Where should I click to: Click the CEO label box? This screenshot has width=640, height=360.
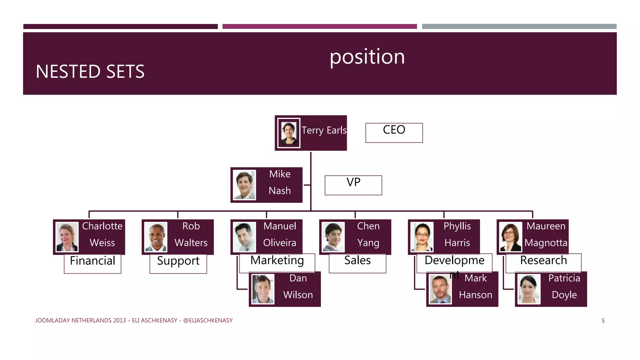click(x=394, y=132)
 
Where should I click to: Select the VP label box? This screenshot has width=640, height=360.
click(x=353, y=185)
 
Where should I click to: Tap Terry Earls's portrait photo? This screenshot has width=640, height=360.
click(x=289, y=133)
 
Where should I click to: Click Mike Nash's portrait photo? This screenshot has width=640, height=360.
click(x=244, y=185)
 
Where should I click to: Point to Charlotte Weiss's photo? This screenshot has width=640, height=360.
click(x=67, y=237)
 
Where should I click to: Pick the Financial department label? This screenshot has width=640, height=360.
click(x=92, y=263)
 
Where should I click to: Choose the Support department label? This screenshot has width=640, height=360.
click(x=178, y=263)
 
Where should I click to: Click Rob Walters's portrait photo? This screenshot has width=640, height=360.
click(x=156, y=237)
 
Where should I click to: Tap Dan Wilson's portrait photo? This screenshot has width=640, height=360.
click(x=263, y=289)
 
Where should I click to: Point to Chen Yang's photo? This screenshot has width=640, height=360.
click(x=333, y=237)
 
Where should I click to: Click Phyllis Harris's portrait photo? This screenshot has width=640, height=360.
click(x=422, y=237)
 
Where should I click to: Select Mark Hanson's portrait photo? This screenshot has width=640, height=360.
click(x=440, y=289)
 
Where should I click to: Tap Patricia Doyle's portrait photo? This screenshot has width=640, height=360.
click(x=529, y=289)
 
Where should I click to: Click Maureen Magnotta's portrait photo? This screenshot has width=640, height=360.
click(x=511, y=237)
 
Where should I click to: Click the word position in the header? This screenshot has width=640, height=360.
click(x=367, y=57)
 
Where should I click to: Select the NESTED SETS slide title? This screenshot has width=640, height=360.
click(x=90, y=71)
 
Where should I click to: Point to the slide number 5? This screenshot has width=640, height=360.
click(x=603, y=321)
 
